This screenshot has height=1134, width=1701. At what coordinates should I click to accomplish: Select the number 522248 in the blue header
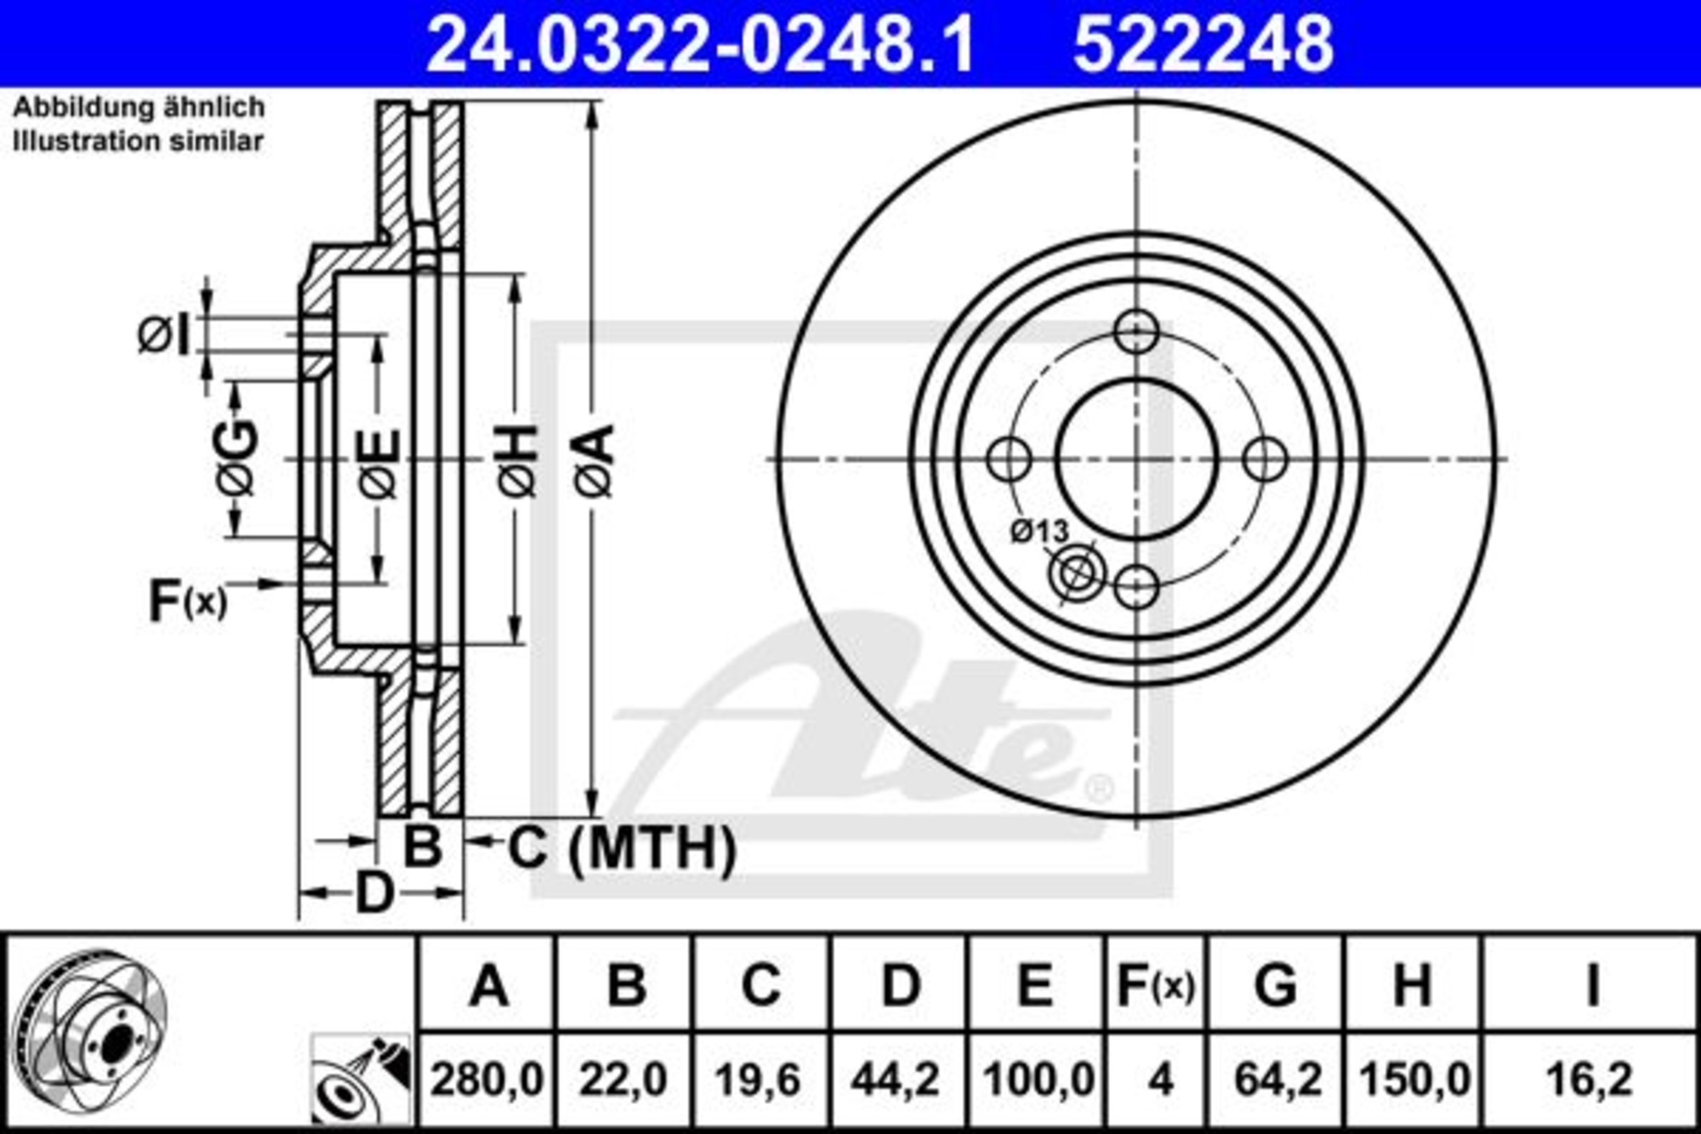pyautogui.click(x=1203, y=44)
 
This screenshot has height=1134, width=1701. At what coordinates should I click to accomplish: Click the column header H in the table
pyautogui.click(x=1411, y=986)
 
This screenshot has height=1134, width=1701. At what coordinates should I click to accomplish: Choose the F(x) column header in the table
pyautogui.click(x=1155, y=986)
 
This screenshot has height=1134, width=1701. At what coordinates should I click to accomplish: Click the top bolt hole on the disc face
pyautogui.click(x=1136, y=332)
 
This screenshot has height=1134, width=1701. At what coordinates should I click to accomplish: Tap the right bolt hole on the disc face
pyautogui.click(x=1265, y=459)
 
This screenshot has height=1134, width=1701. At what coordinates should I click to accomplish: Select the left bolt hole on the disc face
pyautogui.click(x=1010, y=459)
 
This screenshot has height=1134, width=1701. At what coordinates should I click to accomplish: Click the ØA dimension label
pyautogui.click(x=594, y=460)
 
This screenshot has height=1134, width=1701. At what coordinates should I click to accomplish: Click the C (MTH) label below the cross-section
pyautogui.click(x=622, y=847)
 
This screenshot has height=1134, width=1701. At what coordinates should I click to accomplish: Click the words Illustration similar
pyautogui.click(x=138, y=141)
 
